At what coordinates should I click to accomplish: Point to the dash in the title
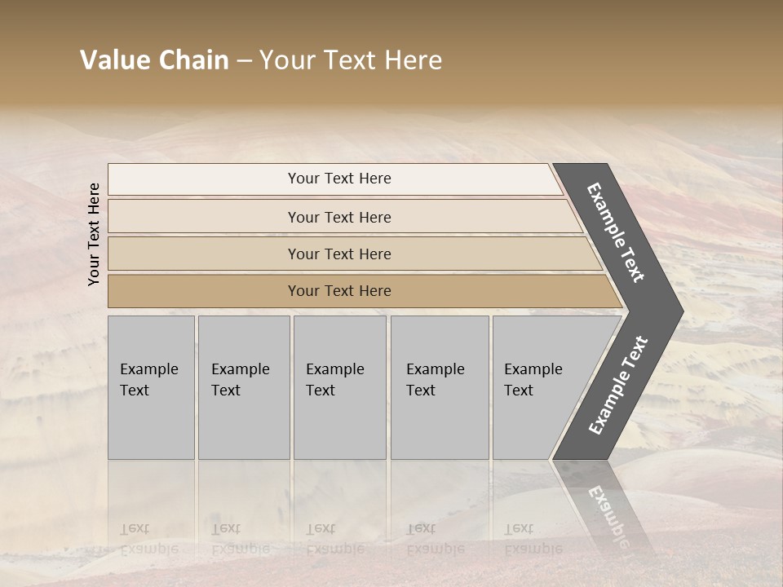244,60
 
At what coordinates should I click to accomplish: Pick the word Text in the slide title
347,60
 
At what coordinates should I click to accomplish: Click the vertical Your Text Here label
94,234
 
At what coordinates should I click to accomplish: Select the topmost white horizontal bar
338,179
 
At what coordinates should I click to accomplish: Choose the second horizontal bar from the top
338,217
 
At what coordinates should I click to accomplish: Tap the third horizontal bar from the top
338,254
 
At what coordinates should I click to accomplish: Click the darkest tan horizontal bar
338,291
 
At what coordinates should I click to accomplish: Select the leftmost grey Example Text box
151,387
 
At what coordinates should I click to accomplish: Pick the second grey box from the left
243,387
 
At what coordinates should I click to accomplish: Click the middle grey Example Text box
339,387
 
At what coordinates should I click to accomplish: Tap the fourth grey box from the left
439,387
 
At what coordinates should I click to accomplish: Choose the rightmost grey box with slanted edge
538,387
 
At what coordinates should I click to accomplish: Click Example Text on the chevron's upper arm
616,232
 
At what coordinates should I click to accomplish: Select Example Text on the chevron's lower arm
617,385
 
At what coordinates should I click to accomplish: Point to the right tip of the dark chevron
681,311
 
